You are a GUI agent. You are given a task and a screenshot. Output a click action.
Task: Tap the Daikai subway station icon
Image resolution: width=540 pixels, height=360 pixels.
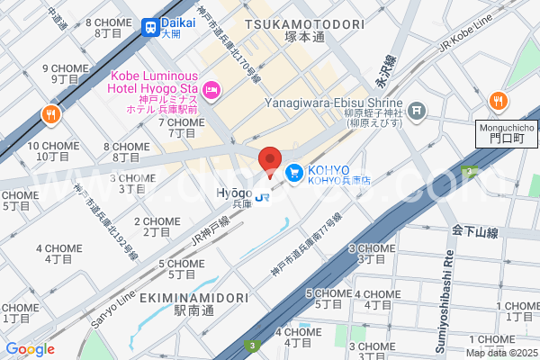point(149,27)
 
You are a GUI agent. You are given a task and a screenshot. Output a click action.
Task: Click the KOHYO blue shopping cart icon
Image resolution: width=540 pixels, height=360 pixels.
point(294,171)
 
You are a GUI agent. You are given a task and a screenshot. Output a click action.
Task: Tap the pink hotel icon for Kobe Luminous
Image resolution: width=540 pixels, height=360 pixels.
point(212,88)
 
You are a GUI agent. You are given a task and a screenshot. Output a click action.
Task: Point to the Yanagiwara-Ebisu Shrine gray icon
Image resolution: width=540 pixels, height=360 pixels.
point(417,111)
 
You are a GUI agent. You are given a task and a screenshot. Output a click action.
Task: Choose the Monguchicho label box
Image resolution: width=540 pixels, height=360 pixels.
point(506,134)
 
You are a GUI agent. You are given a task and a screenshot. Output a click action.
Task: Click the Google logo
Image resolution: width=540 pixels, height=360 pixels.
point(30,349)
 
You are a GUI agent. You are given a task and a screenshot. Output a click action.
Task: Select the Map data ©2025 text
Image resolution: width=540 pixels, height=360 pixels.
point(500,352)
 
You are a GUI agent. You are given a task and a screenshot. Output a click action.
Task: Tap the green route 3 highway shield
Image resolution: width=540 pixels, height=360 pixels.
point(254,345)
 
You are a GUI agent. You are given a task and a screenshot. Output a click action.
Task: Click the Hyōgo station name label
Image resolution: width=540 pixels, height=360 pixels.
point(235,193)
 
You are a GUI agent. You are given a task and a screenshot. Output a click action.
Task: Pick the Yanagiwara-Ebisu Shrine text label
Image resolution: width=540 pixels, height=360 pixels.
point(332,103)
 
